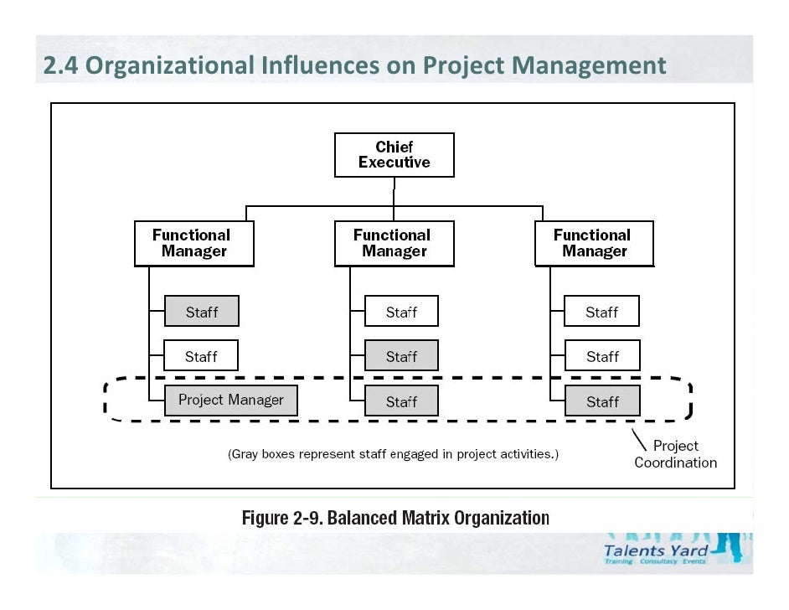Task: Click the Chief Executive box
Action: point(394,155)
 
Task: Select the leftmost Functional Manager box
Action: point(194,244)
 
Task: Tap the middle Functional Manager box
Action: point(394,244)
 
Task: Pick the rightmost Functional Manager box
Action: point(594,244)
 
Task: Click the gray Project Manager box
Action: point(230,401)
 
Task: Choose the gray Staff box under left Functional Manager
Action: point(201,312)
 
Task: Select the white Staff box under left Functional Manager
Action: point(201,356)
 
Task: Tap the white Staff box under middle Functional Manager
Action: point(401,312)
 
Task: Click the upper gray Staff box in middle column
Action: point(401,356)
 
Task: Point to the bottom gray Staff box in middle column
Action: point(401,401)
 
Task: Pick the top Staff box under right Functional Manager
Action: point(601,312)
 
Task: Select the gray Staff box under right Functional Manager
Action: point(601,401)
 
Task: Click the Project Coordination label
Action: point(675,454)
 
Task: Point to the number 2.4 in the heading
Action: point(61,65)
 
